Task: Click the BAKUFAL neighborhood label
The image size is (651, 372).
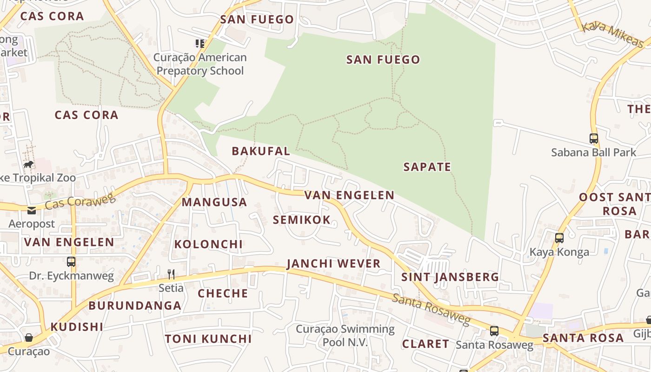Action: pyautogui.click(x=261, y=151)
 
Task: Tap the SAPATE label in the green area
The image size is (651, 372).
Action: pyautogui.click(x=427, y=167)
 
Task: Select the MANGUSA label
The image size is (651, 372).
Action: pyautogui.click(x=214, y=202)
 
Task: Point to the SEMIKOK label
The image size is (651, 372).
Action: pyautogui.click(x=302, y=220)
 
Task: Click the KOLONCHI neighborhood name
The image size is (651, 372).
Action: pyautogui.click(x=208, y=244)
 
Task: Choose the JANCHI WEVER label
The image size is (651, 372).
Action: pyautogui.click(x=334, y=264)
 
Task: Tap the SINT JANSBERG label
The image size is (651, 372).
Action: pyautogui.click(x=450, y=277)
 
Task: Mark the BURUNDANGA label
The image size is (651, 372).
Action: pyautogui.click(x=135, y=306)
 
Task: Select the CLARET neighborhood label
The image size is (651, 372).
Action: pyautogui.click(x=425, y=344)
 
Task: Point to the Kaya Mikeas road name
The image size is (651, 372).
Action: pyautogui.click(x=612, y=34)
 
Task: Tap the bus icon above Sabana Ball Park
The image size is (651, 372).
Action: pyautogui.click(x=593, y=139)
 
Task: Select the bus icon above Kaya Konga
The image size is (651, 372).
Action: pyautogui.click(x=559, y=238)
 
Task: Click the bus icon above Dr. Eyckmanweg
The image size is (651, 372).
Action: pyautogui.click(x=71, y=262)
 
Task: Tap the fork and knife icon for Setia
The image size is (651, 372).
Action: pyautogui.click(x=171, y=274)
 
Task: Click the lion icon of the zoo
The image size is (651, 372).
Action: pyautogui.click(x=28, y=165)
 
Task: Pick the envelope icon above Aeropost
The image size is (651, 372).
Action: pyautogui.click(x=31, y=211)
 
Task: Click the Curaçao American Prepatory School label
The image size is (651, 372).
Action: pyautogui.click(x=200, y=64)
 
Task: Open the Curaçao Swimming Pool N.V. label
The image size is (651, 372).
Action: pyautogui.click(x=345, y=336)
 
